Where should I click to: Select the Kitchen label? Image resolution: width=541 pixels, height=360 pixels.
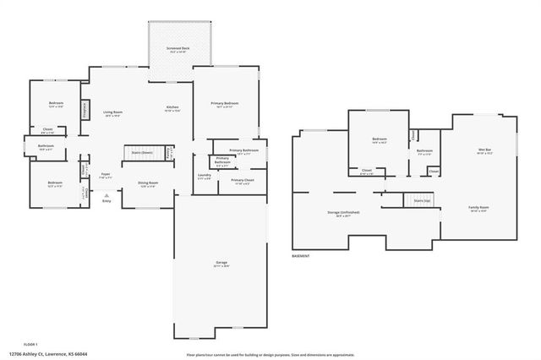pyautogui.click(x=172, y=107)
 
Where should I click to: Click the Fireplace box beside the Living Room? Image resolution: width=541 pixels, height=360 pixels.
pyautogui.click(x=85, y=111)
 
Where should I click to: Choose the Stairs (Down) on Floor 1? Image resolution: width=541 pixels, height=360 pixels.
pyautogui.click(x=141, y=152)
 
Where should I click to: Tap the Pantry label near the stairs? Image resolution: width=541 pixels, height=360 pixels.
pyautogui.click(x=169, y=155)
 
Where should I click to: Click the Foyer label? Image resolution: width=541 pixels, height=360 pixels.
pyautogui.click(x=106, y=175)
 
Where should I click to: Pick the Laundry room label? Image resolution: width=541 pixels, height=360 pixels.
pyautogui.click(x=205, y=175)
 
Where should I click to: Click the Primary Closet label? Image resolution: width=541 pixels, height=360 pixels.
pyautogui.click(x=241, y=180)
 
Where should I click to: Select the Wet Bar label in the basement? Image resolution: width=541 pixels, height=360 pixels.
pyautogui.click(x=485, y=150)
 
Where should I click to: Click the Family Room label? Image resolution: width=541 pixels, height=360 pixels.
pyautogui.click(x=479, y=207)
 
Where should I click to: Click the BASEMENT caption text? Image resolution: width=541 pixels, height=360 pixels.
pyautogui.click(x=301, y=255)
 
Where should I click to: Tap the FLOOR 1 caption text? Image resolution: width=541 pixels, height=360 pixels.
pyautogui.click(x=30, y=344)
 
